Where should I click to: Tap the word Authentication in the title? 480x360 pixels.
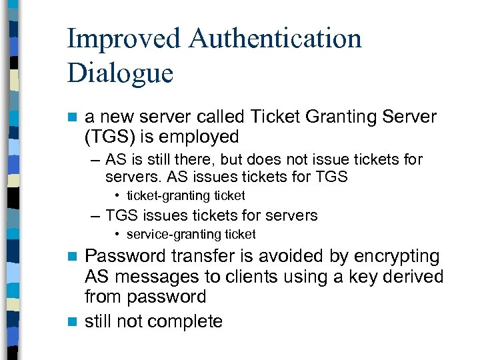[x=275, y=39]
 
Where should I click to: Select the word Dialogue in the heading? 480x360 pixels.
[x=120, y=73]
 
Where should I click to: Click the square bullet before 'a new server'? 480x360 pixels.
[x=73, y=117]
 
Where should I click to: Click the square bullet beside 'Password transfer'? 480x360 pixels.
[x=73, y=257]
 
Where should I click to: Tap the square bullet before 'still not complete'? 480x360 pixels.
[x=73, y=321]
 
